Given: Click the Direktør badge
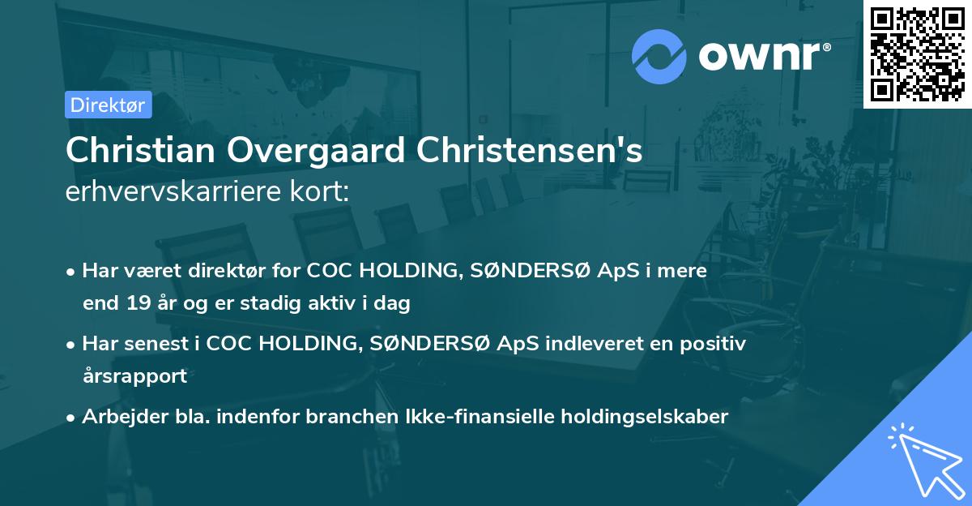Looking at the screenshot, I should point(108,105).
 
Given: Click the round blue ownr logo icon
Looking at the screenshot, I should point(659,57).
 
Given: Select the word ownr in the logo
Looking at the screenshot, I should point(762,58).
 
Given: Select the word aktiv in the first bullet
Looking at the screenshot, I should point(338,304).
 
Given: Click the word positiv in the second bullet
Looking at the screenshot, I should point(713,344).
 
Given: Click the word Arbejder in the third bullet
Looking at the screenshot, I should point(117,417).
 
